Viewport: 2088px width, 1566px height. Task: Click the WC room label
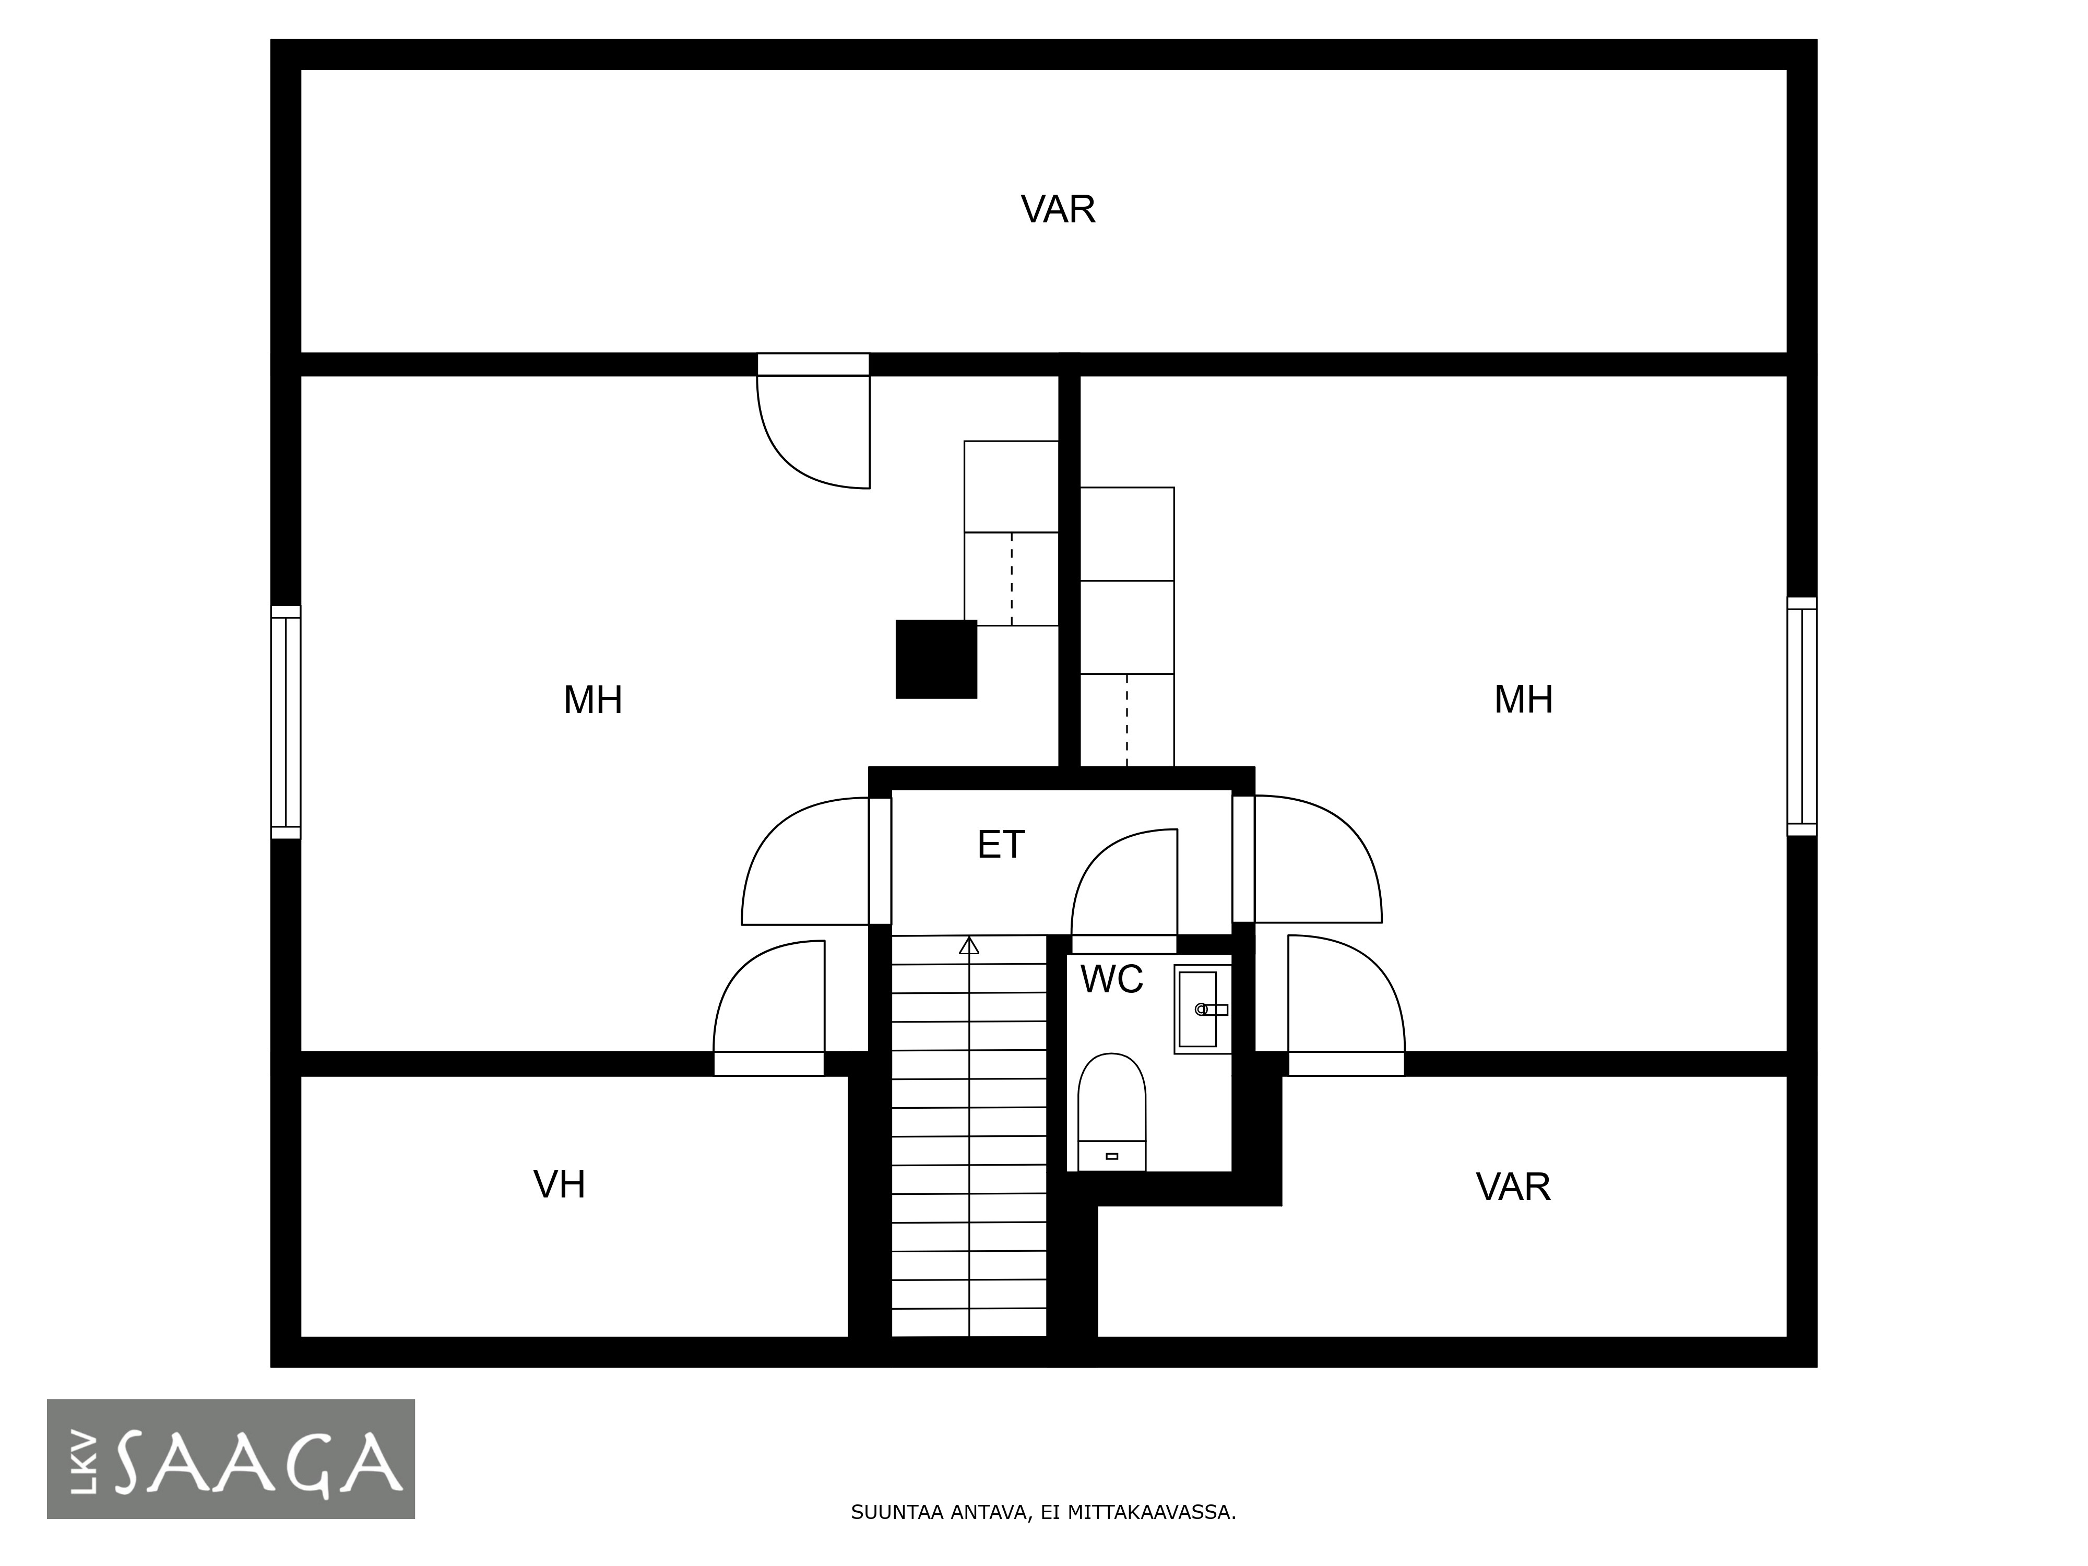click(x=1112, y=980)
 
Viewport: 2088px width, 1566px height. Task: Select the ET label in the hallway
click(x=1001, y=845)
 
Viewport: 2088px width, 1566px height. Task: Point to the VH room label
click(x=559, y=1184)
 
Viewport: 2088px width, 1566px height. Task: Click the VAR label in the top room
click(x=1058, y=209)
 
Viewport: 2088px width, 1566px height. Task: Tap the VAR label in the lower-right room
click(x=1513, y=1188)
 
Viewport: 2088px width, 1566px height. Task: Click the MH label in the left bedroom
click(x=593, y=701)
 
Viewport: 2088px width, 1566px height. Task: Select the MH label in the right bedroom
click(x=1524, y=699)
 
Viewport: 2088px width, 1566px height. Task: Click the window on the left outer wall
click(x=286, y=722)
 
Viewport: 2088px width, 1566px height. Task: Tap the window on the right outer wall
click(x=1802, y=717)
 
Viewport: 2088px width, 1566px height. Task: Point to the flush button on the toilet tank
click(x=1112, y=1156)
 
